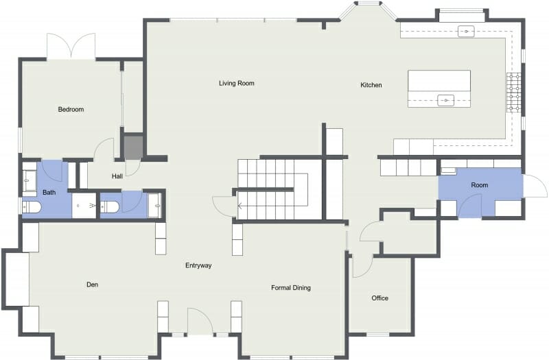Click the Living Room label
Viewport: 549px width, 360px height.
tap(237, 84)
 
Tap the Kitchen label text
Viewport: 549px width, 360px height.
tap(371, 85)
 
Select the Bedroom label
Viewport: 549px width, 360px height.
tap(71, 109)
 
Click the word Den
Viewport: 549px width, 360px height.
tap(93, 283)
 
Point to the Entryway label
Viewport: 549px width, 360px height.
tap(198, 265)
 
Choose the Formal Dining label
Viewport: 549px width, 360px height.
tap(291, 288)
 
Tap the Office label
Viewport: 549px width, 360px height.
tap(380, 298)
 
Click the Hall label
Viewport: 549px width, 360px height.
tap(117, 176)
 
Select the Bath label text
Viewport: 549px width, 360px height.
tap(49, 193)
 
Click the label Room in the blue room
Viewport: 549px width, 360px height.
tap(480, 186)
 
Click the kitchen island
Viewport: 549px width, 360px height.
tap(439, 88)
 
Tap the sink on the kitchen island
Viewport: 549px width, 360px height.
tap(446, 100)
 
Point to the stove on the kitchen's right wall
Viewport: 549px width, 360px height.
tap(514, 93)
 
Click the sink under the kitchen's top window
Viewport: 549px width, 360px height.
tap(467, 30)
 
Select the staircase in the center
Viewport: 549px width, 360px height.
tap(274, 188)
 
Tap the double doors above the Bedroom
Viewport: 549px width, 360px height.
tap(70, 46)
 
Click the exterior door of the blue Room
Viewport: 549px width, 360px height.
tap(533, 187)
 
